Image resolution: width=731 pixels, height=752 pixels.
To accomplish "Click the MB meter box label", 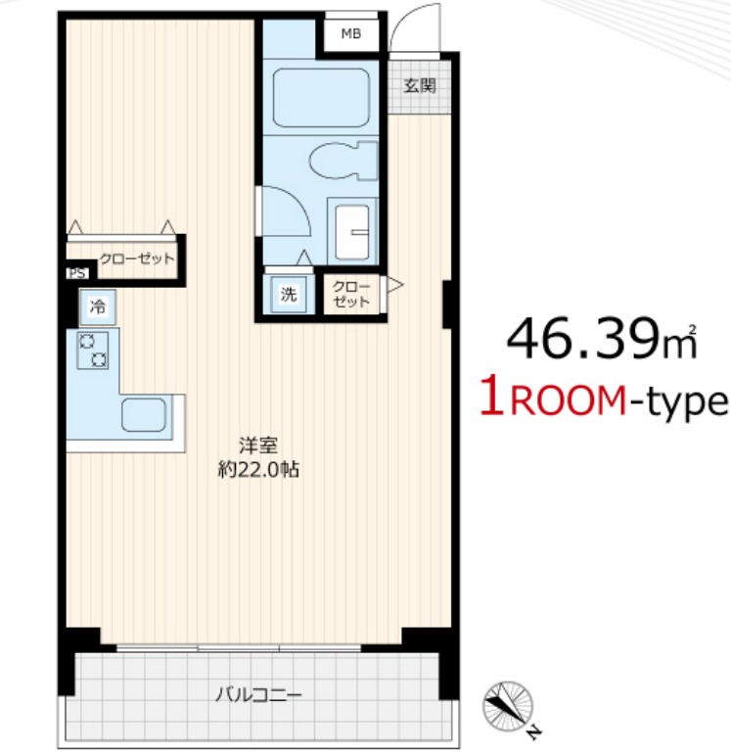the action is [351, 33].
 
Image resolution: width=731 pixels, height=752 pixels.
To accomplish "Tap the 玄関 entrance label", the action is [420, 86].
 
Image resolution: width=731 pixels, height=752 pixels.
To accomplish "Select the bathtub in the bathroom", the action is [321, 98].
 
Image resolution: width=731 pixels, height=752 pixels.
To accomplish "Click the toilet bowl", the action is [343, 161].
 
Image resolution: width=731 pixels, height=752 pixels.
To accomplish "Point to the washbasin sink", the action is [352, 232].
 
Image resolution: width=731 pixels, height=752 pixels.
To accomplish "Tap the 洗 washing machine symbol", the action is [289, 294].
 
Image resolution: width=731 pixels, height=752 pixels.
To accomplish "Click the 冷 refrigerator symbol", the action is [98, 306].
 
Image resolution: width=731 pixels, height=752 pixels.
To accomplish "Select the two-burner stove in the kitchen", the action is [93, 351].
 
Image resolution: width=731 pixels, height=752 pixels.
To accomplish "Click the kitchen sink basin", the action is [144, 414].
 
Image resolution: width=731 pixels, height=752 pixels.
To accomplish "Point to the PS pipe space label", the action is [77, 273].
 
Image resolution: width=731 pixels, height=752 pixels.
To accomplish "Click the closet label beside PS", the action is [137, 258].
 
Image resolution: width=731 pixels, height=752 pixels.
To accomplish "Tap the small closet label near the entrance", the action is [351, 294].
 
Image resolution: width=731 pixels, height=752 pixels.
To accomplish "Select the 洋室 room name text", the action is [258, 446].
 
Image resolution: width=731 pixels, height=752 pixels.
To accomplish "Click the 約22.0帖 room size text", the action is [259, 470].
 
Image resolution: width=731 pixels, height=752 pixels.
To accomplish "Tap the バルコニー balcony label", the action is [258, 694].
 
